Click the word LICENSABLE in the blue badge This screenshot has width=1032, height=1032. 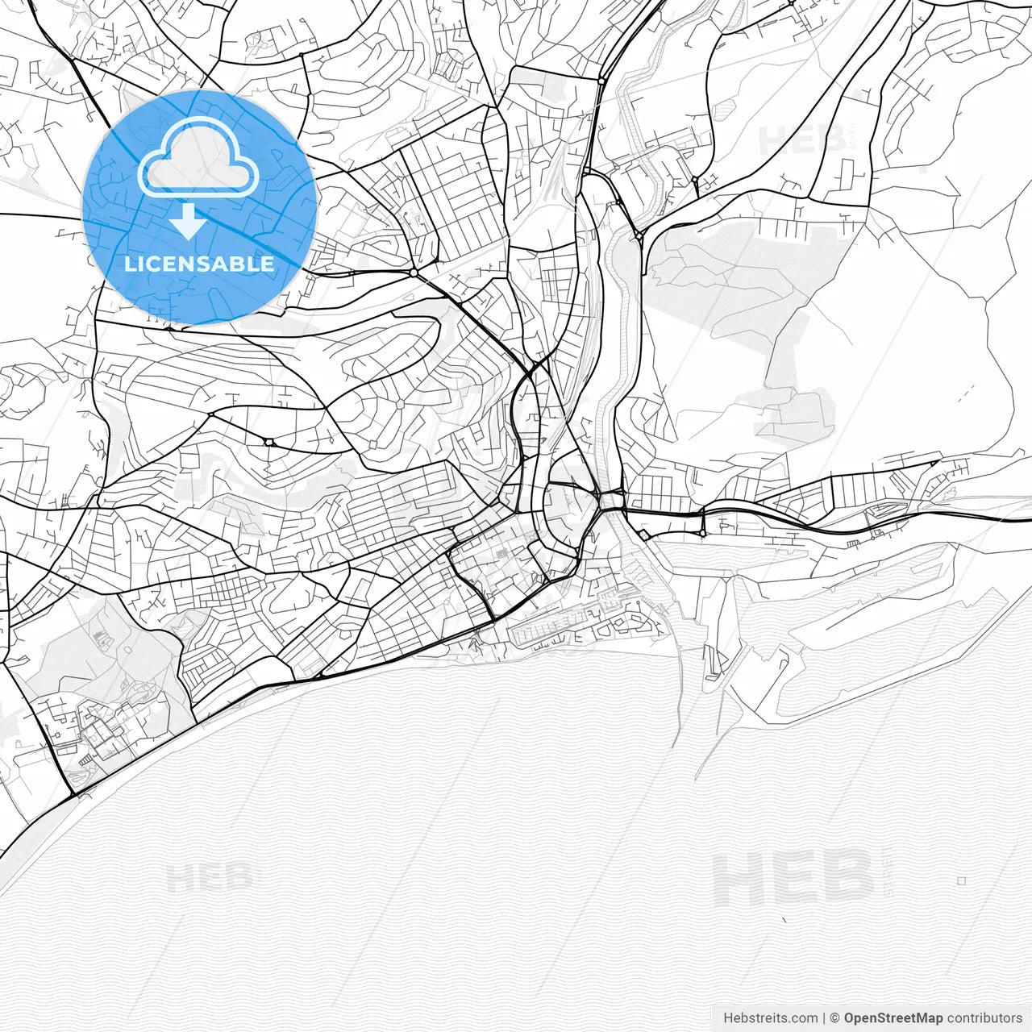[198, 264]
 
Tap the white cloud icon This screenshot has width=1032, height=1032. [198, 158]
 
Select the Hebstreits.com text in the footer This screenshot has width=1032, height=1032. [771, 1018]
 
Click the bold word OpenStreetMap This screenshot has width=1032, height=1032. [893, 1018]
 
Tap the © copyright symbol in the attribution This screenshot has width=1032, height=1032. [835, 1018]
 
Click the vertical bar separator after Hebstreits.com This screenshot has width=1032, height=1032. [825, 1018]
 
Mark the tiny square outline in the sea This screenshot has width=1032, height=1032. [961, 881]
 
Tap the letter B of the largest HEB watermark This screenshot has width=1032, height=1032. [847, 879]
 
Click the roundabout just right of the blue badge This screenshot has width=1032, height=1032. [414, 273]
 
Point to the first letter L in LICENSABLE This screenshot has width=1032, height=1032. [129, 264]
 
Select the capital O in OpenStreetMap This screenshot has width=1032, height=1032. [850, 1018]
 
